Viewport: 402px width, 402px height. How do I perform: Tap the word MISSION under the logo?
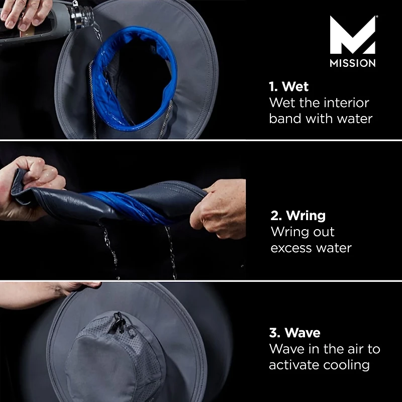[352, 63]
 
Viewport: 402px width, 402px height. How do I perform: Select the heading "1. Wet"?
[289, 86]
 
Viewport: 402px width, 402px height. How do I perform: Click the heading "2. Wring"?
[298, 216]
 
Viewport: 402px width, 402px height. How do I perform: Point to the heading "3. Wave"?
[294, 333]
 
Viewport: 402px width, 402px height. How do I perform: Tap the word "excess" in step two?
[291, 248]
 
